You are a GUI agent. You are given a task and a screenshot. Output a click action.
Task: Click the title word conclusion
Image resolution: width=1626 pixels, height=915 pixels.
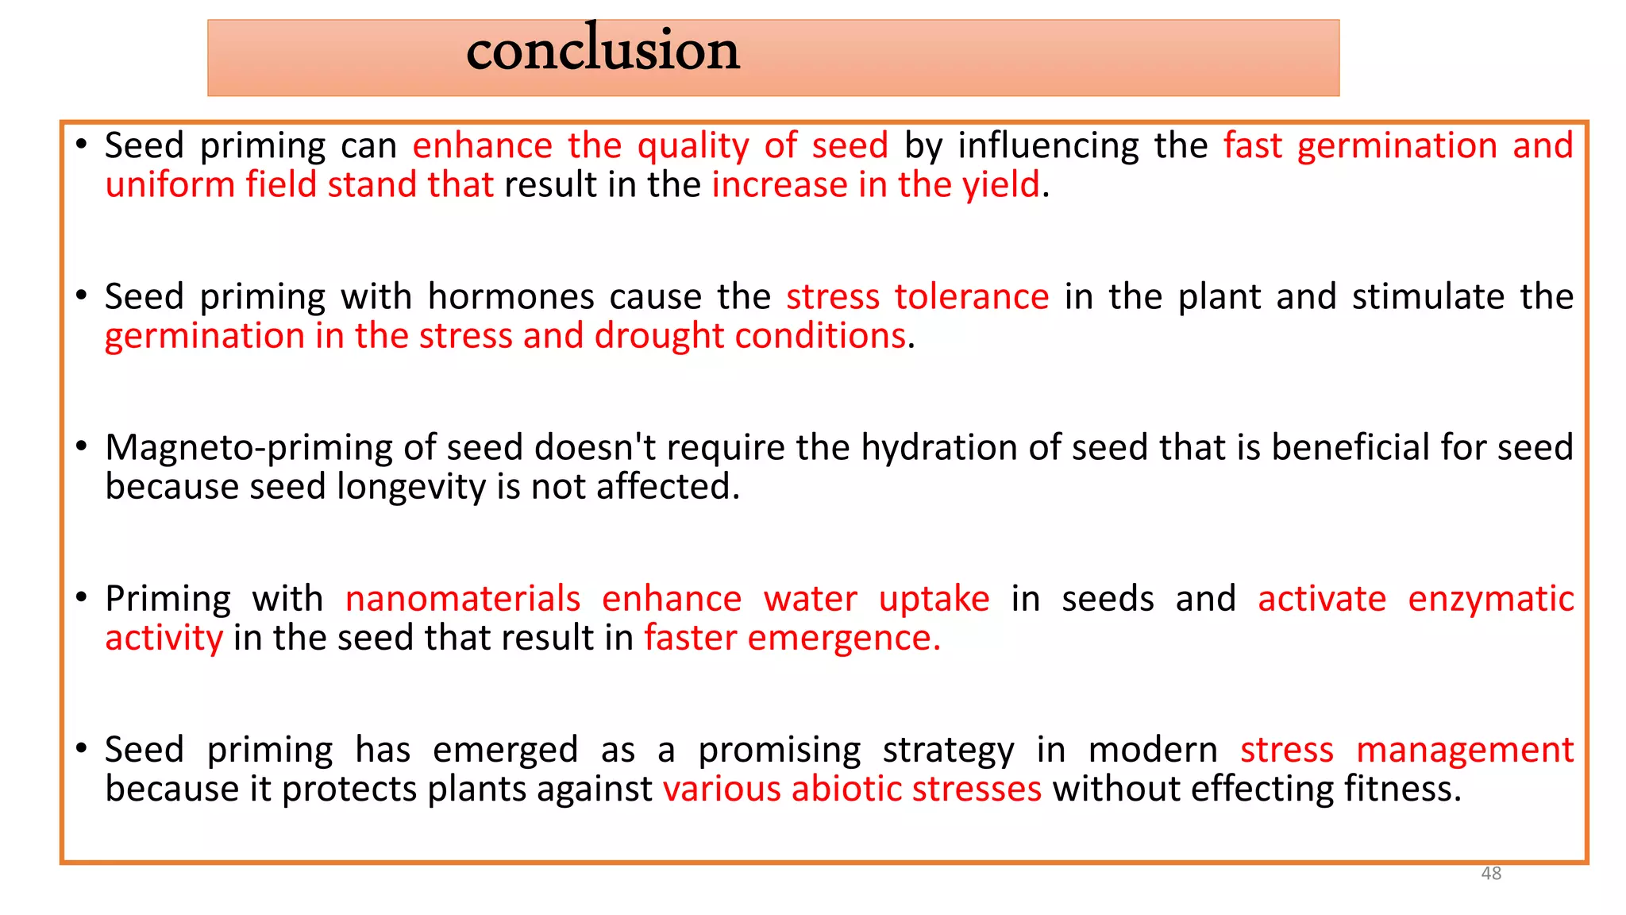[603, 50]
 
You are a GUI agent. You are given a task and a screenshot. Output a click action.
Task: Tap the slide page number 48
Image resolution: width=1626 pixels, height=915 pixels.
[1491, 873]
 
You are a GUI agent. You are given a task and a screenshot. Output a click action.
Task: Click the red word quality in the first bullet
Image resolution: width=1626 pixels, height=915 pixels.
[692, 146]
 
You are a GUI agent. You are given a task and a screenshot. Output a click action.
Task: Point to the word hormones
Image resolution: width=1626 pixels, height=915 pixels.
[511, 297]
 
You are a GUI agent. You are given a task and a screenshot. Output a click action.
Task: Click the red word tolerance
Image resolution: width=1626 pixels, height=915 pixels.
[971, 297]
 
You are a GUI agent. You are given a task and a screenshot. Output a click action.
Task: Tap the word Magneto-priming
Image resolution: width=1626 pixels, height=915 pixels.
[249, 448]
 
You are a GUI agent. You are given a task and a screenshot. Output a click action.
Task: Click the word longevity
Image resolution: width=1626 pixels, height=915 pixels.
[410, 488]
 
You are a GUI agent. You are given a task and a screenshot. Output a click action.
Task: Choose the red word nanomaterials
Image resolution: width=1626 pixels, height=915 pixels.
[463, 599]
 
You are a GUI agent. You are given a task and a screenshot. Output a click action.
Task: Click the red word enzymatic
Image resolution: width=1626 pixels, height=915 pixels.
[1490, 599]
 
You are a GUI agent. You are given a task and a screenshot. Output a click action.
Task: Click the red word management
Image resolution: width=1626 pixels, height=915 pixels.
[1464, 751]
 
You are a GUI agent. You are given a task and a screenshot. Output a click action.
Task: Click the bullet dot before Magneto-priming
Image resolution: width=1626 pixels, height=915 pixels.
[81, 447]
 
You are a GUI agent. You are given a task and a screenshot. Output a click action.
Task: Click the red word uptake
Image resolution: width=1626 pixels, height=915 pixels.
[934, 600]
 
